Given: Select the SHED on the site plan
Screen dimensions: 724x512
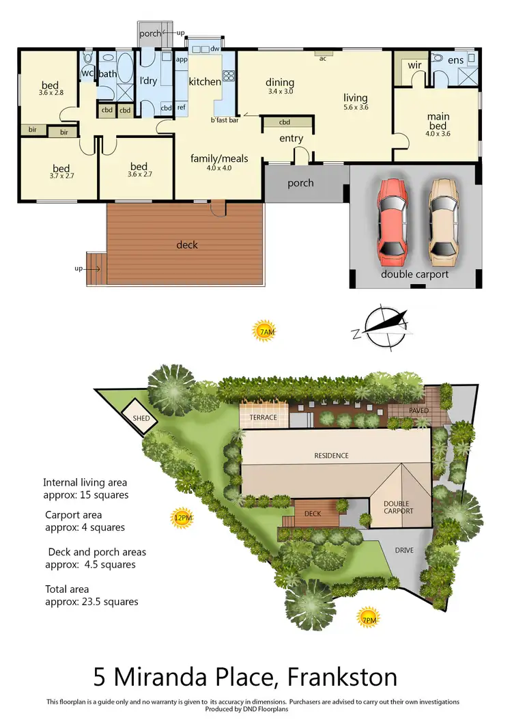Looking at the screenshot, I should (141, 418).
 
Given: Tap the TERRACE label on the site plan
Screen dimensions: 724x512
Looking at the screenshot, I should (263, 417).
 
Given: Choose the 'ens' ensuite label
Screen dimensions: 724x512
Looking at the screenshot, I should (455, 61).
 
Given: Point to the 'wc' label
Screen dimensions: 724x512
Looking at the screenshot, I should (87, 73).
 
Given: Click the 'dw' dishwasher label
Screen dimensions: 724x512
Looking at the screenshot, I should (214, 48).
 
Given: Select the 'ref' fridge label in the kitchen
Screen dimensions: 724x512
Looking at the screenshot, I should (182, 108).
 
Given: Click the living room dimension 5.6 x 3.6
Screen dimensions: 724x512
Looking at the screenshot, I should (355, 107).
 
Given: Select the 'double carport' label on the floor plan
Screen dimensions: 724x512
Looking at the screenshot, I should (414, 274).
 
